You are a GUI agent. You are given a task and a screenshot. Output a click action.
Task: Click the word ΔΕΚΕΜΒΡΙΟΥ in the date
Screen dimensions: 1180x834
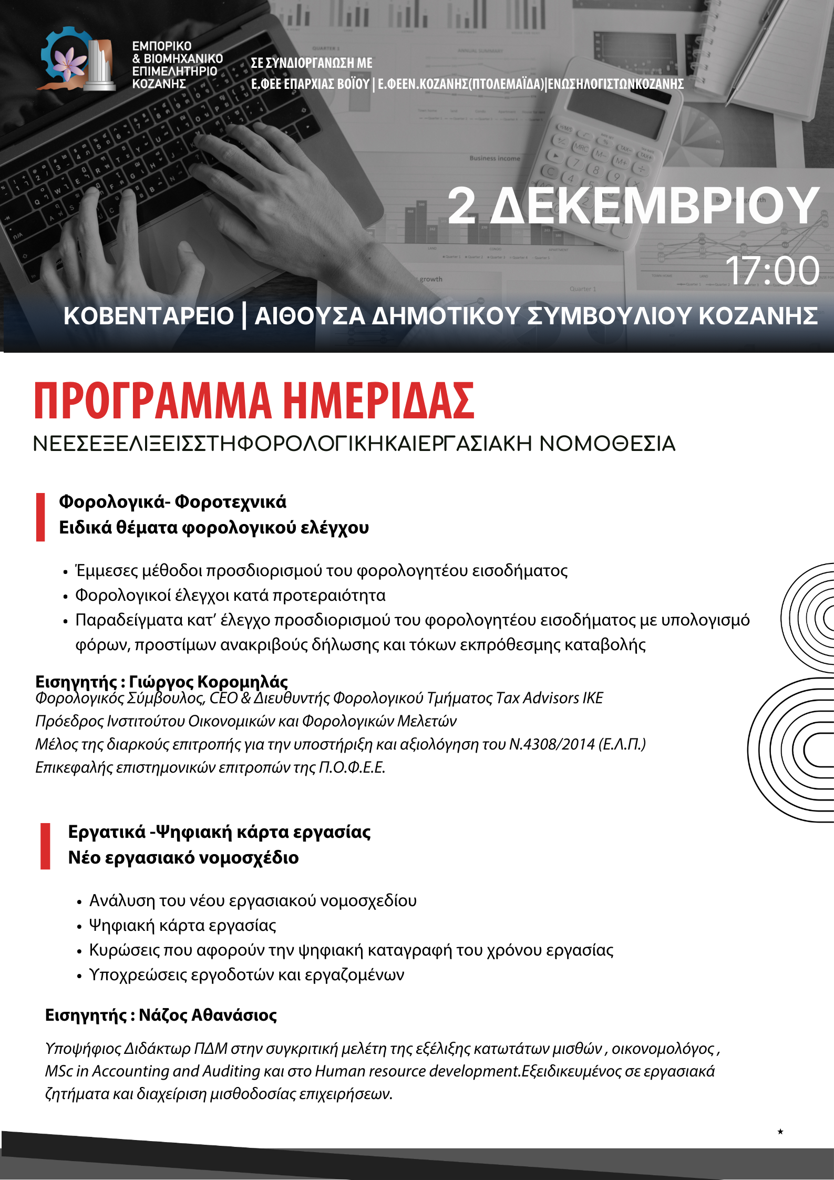tap(654, 206)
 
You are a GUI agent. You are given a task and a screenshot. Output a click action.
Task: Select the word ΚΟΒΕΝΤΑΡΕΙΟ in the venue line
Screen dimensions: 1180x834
tap(148, 316)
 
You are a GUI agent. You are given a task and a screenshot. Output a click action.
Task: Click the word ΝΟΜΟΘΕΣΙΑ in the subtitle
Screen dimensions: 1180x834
tap(607, 444)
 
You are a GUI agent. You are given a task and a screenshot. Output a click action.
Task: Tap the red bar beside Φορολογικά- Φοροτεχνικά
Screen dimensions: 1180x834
tap(40, 517)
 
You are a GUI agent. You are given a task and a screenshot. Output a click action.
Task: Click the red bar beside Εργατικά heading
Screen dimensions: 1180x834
tap(46, 846)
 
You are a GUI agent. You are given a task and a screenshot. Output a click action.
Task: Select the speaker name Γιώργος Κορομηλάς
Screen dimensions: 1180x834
tap(208, 682)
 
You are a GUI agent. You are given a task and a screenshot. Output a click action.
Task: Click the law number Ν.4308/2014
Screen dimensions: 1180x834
tap(552, 744)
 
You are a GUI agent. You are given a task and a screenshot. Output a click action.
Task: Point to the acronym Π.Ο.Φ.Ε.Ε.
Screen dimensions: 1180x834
tap(352, 768)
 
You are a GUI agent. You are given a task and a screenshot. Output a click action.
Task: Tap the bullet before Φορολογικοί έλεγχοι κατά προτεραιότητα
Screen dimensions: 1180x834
tap(66, 597)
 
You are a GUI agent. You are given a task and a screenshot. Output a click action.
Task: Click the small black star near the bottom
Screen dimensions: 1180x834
tap(780, 1132)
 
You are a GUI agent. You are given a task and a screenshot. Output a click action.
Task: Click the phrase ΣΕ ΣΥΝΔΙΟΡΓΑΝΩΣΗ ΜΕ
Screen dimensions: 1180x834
tap(312, 63)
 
